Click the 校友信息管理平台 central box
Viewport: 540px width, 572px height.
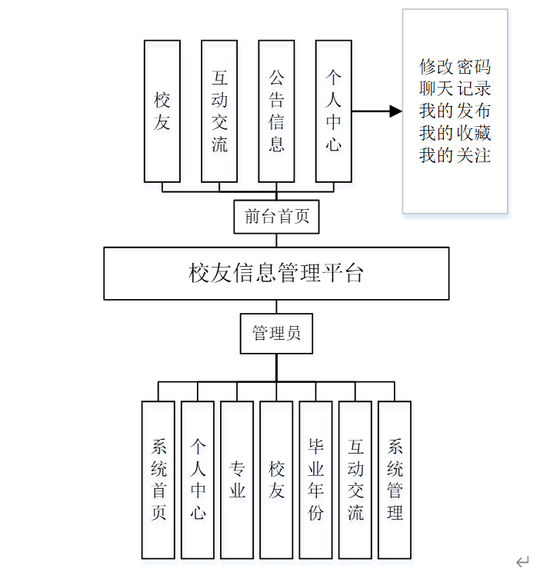click(x=276, y=273)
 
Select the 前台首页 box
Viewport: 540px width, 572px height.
click(x=276, y=216)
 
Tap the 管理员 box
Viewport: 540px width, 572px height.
click(x=276, y=333)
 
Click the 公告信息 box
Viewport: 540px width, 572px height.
click(x=276, y=111)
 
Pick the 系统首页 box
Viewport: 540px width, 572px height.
click(x=158, y=479)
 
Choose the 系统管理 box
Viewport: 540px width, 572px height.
click(x=395, y=479)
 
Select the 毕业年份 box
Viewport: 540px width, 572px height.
click(x=315, y=479)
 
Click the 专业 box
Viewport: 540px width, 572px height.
click(x=237, y=479)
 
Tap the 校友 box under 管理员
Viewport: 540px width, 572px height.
click(x=276, y=479)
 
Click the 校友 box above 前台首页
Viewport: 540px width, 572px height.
click(x=162, y=111)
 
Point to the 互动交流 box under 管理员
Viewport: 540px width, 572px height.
click(x=355, y=479)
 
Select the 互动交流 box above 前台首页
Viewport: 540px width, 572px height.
click(x=219, y=111)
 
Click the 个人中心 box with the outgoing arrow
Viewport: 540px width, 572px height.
click(x=333, y=111)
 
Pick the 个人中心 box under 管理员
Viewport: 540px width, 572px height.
click(x=198, y=479)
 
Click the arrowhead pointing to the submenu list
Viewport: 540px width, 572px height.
click(x=395, y=111)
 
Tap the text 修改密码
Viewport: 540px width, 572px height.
click(x=455, y=66)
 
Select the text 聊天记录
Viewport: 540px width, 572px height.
click(x=455, y=88)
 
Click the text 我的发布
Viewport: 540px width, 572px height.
click(x=455, y=111)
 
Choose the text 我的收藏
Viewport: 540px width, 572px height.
click(x=455, y=133)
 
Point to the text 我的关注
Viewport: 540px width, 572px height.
click(x=455, y=155)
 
